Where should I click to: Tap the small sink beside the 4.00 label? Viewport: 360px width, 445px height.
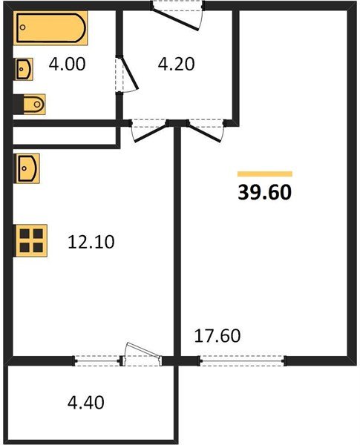pos(24,68)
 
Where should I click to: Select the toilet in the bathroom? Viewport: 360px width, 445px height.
pos(31,103)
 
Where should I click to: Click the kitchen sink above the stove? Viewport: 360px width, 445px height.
pos(26,169)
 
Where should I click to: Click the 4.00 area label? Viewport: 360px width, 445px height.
pos(67,65)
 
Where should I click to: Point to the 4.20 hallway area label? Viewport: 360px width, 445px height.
pos(177,65)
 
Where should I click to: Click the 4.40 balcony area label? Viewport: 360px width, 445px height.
pos(85,403)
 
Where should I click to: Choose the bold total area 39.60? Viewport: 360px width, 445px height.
pos(264,193)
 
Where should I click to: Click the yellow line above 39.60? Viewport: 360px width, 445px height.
pos(264,174)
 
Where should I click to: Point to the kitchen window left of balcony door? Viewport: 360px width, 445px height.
pos(97,361)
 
